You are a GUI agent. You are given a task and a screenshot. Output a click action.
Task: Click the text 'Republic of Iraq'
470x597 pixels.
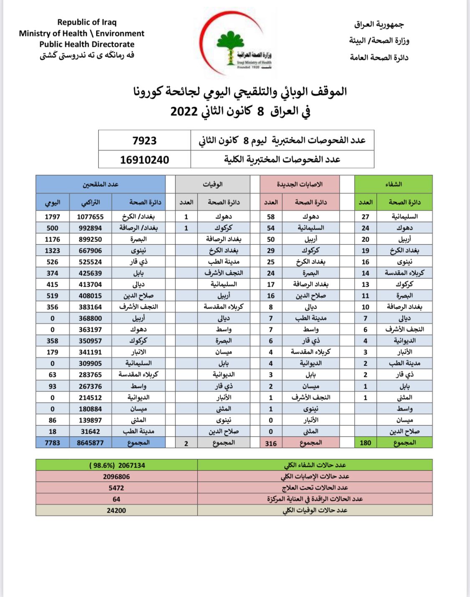click(87, 22)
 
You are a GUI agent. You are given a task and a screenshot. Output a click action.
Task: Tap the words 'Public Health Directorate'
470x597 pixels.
click(87, 44)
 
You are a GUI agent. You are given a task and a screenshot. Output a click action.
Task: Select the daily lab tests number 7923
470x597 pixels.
click(144, 140)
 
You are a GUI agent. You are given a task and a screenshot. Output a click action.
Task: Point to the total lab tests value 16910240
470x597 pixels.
click(144, 160)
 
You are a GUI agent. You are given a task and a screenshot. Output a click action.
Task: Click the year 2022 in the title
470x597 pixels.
click(184, 112)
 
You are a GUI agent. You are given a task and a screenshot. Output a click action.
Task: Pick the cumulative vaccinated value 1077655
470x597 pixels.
click(90, 217)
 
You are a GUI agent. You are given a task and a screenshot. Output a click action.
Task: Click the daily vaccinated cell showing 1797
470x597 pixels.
click(52, 217)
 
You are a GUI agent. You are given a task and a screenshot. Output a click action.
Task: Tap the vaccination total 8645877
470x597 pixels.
click(90, 443)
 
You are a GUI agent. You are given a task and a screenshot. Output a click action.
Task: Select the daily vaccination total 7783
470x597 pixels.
click(52, 443)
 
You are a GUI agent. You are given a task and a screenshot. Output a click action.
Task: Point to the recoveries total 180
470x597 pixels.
click(365, 443)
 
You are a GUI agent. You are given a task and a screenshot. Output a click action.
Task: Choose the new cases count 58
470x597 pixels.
click(271, 217)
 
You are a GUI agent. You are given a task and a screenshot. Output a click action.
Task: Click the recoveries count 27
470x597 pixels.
click(365, 217)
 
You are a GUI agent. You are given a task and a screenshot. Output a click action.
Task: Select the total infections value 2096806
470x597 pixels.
click(116, 477)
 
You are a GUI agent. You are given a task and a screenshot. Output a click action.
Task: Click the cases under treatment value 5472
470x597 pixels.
click(116, 488)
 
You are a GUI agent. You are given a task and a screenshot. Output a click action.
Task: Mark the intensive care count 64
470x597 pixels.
click(116, 499)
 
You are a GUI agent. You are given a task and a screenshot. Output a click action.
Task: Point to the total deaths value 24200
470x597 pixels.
click(116, 511)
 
